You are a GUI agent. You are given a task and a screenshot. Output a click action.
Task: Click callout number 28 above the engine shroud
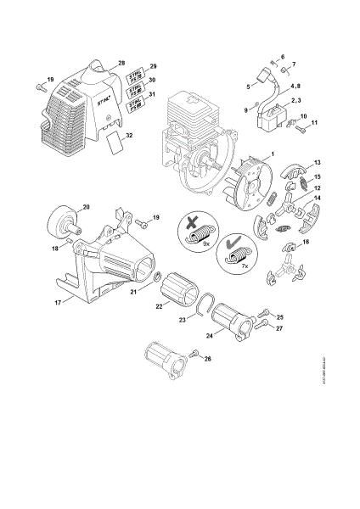coord(121,64)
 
